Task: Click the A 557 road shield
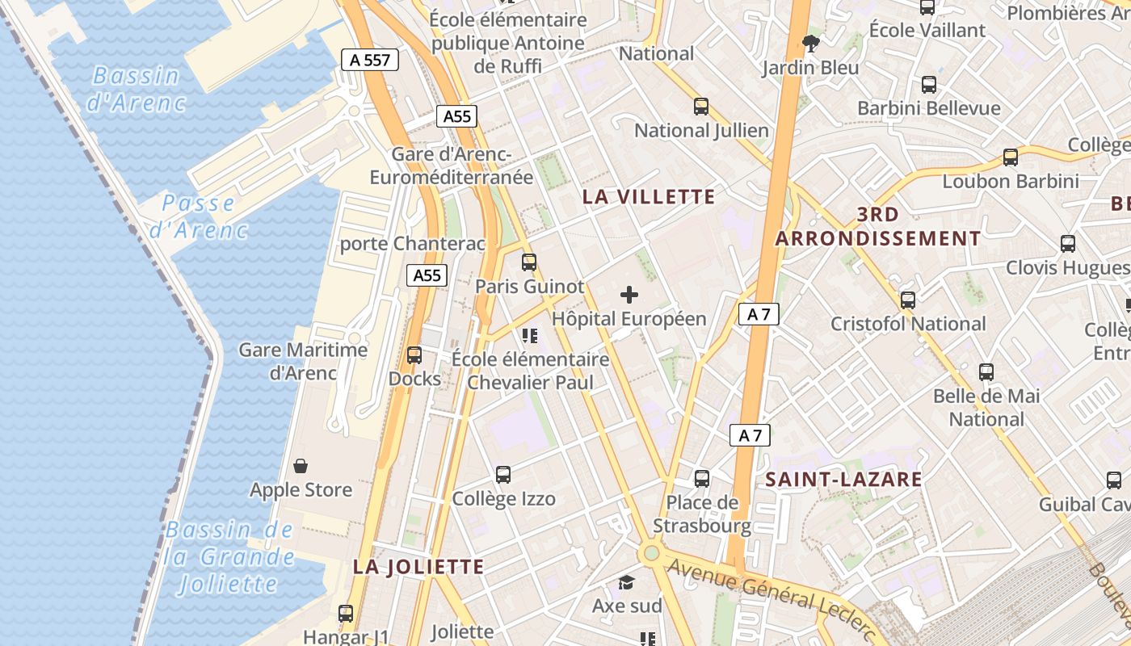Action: pos(370,59)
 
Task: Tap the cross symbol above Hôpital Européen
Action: pos(629,295)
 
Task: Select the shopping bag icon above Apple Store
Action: pos(301,466)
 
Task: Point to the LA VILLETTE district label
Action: pos(649,196)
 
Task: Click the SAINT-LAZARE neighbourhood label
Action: pos(843,479)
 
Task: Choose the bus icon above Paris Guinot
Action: pos(529,262)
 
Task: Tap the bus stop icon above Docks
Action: pos(414,354)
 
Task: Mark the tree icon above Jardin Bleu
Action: pos(810,44)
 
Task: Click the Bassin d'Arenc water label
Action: pos(136,89)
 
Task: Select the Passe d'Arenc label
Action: pos(199,216)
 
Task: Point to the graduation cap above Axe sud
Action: pos(627,582)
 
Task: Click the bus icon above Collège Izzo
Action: pos(503,475)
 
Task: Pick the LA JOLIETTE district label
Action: pos(418,567)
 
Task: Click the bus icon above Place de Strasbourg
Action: pos(702,479)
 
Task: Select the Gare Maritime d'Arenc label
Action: pos(303,361)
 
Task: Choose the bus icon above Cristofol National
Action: pos(908,300)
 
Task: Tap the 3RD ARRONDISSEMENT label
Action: pos(878,226)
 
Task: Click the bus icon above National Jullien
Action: pos(701,107)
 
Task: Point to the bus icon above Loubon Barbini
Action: pos(1011,157)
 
